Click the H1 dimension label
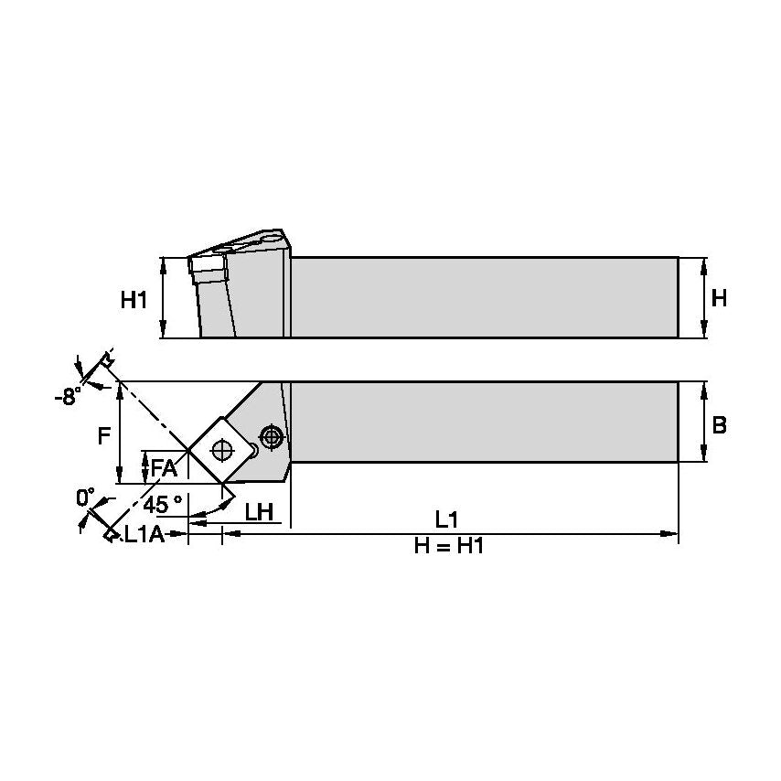pos(134,299)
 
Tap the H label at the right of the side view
pos(720,298)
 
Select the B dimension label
pos(720,424)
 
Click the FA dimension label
pos(164,467)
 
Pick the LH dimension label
pos(260,512)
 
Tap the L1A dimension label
pos(144,535)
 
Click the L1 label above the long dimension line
pos(446,519)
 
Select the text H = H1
pos(447,547)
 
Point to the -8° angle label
pos(67,397)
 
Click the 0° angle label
pos(85,497)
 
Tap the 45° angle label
pos(165,503)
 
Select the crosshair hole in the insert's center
pos(219,450)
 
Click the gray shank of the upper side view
pos(485,297)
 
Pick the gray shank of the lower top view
pos(485,422)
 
